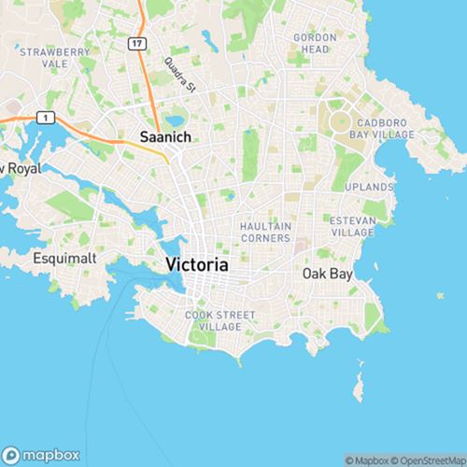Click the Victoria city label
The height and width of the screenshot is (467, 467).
(x=196, y=264)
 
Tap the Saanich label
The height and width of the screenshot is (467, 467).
(x=165, y=137)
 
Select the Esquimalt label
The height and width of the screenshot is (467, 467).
(x=61, y=257)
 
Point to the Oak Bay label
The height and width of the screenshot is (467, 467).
(x=326, y=274)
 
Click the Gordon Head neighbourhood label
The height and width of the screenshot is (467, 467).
(x=314, y=42)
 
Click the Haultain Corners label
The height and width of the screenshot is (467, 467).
(x=265, y=232)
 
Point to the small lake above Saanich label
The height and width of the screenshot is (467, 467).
(x=175, y=120)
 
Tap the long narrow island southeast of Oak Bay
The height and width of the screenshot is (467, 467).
(x=358, y=384)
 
